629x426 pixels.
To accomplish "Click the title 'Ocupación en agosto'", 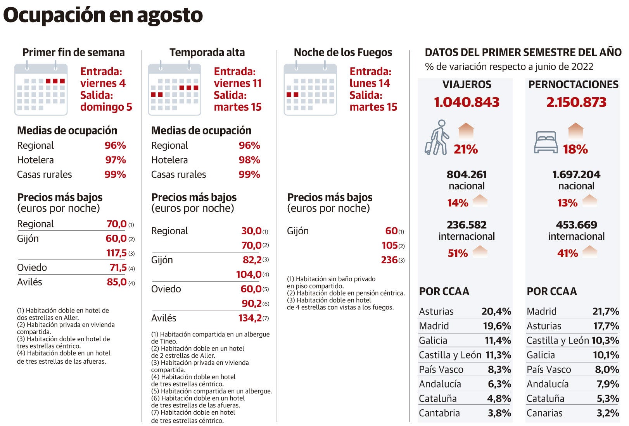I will pyautogui.click(x=103, y=15).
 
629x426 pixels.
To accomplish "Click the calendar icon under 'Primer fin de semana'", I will pyautogui.click(x=41, y=89).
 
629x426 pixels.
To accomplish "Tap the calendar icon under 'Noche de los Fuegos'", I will pyautogui.click(x=310, y=89).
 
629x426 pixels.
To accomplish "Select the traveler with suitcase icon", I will pyautogui.click(x=437, y=138).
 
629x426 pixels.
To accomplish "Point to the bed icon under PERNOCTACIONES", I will pyautogui.click(x=546, y=142).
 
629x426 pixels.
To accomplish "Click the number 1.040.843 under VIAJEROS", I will pyautogui.click(x=467, y=102).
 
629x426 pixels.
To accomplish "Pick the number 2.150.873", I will pyautogui.click(x=576, y=102).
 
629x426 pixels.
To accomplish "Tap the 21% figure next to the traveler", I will pyautogui.click(x=466, y=149).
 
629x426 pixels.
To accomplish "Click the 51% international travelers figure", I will pyautogui.click(x=458, y=253).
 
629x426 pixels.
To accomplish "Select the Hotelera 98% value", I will pyautogui.click(x=249, y=160).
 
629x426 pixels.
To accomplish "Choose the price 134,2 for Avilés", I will pyautogui.click(x=250, y=318).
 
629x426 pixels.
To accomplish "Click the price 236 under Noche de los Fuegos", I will pyautogui.click(x=389, y=260).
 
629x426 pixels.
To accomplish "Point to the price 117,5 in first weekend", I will pyautogui.click(x=116, y=253).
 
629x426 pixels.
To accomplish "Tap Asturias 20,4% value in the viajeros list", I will pyautogui.click(x=496, y=311).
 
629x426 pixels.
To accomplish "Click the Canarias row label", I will pyautogui.click(x=544, y=413).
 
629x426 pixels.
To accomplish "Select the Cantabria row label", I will pyautogui.click(x=439, y=413).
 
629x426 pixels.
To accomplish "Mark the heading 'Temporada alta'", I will pyautogui.click(x=207, y=52).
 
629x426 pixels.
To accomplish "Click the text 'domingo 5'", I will pyautogui.click(x=106, y=107).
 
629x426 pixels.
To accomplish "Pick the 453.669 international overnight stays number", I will pyautogui.click(x=576, y=225).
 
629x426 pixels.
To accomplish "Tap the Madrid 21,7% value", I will pyautogui.click(x=605, y=311).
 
